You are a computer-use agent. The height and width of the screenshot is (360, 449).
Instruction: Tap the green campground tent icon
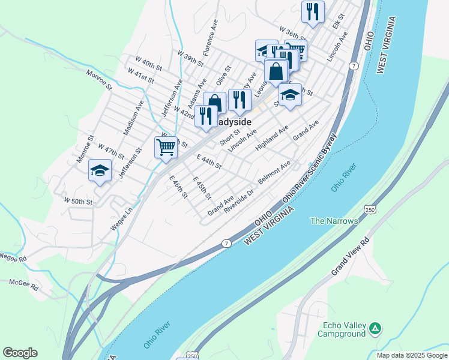click(x=375, y=329)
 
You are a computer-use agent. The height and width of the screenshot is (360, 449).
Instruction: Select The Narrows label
click(x=334, y=221)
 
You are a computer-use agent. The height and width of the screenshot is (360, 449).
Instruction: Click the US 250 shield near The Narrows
click(x=370, y=208)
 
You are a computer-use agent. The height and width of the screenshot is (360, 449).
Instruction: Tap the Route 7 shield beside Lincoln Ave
click(x=355, y=65)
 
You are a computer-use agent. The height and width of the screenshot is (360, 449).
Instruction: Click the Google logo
click(x=20, y=353)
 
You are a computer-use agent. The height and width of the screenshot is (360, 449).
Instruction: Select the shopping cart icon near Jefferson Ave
click(x=166, y=146)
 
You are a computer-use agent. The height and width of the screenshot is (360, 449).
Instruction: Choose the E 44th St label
click(x=209, y=161)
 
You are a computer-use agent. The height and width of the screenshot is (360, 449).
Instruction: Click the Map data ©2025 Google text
click(x=411, y=355)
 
